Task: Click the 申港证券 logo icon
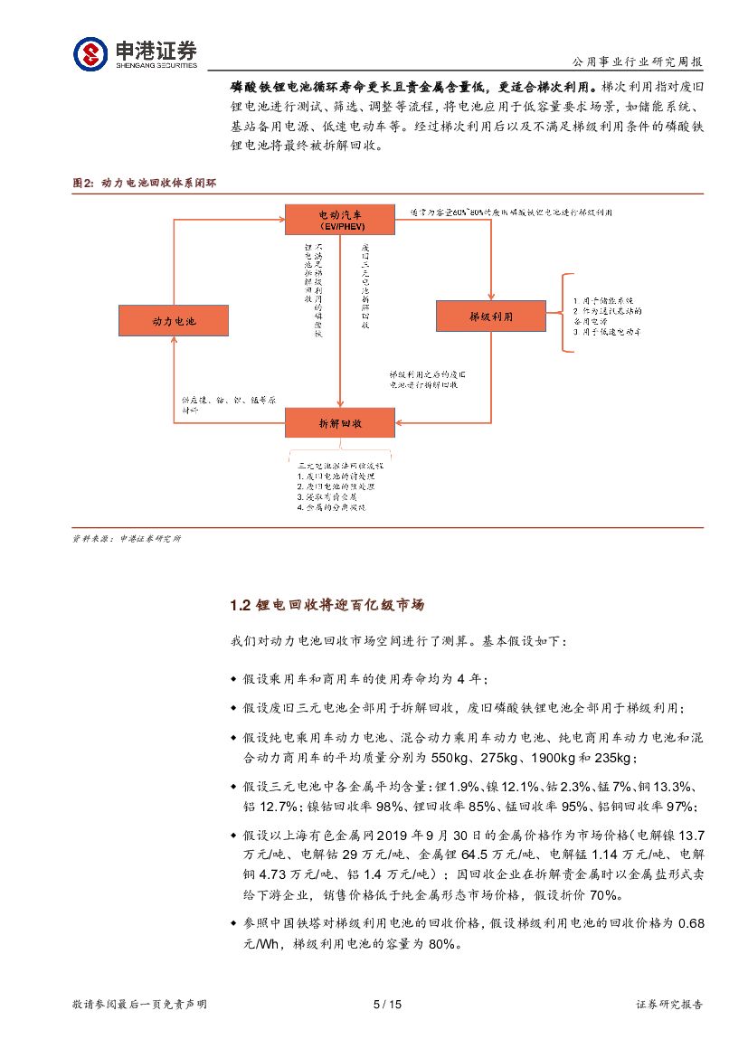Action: [90, 53]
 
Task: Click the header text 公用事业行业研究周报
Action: [638, 62]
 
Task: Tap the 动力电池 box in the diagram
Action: [174, 320]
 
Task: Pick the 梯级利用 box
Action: [491, 316]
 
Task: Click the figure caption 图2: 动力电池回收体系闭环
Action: [144, 183]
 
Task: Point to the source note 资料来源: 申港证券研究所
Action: [126, 539]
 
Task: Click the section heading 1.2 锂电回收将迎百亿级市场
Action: [327, 605]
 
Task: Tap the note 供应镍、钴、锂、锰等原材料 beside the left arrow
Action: [227, 404]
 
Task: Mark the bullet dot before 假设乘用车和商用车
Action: [235, 680]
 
